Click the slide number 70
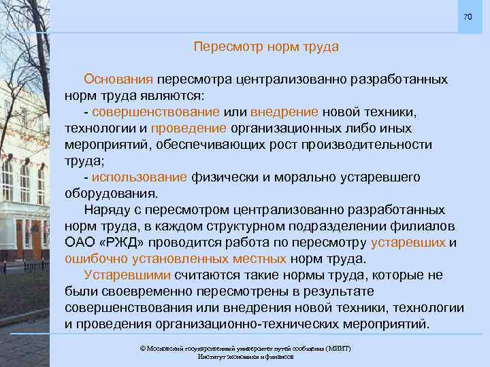point(467,16)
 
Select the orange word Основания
point(118,80)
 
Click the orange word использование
point(140,177)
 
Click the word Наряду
point(105,210)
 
